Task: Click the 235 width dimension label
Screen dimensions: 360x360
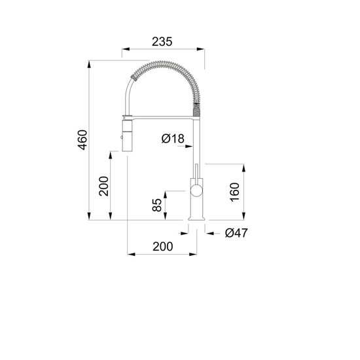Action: (162, 42)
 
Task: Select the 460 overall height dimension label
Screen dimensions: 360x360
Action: (82, 140)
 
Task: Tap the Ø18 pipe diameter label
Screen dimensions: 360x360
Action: (173, 139)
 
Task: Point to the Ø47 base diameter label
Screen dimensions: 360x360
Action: (236, 233)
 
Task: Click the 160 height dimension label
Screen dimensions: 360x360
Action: (234, 192)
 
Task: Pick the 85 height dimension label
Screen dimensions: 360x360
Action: (157, 205)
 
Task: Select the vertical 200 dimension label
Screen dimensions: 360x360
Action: (103, 186)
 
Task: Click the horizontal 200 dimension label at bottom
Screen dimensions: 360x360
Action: (163, 247)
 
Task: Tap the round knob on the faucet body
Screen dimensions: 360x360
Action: (196, 190)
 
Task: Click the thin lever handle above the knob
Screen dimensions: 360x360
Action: (196, 171)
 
